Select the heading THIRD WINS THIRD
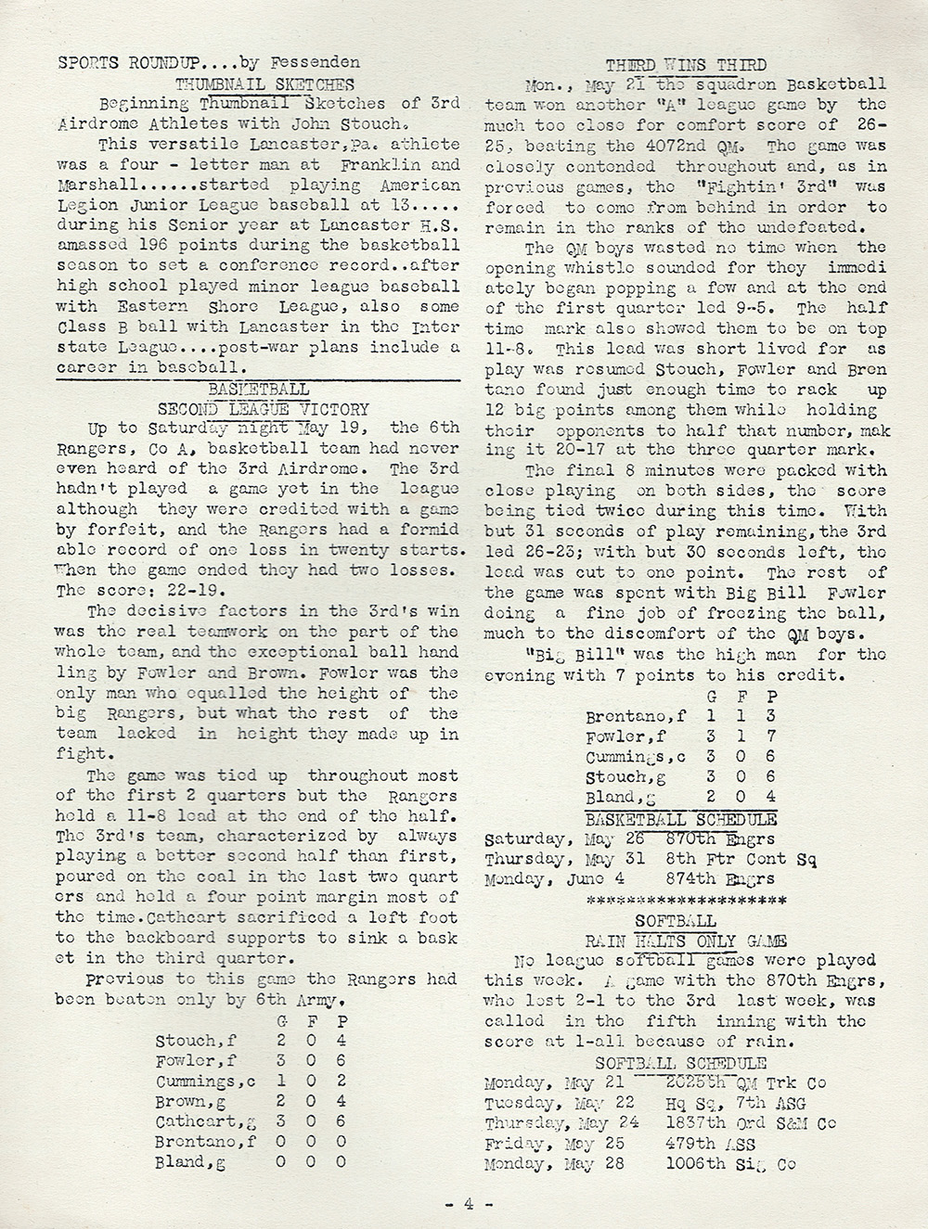tap(685, 64)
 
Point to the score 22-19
tap(178, 591)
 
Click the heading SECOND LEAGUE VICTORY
tap(263, 409)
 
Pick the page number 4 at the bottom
tap(469, 1203)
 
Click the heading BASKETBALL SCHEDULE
tap(680, 819)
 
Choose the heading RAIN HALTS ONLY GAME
tap(680, 941)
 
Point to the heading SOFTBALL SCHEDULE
tap(680, 1063)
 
